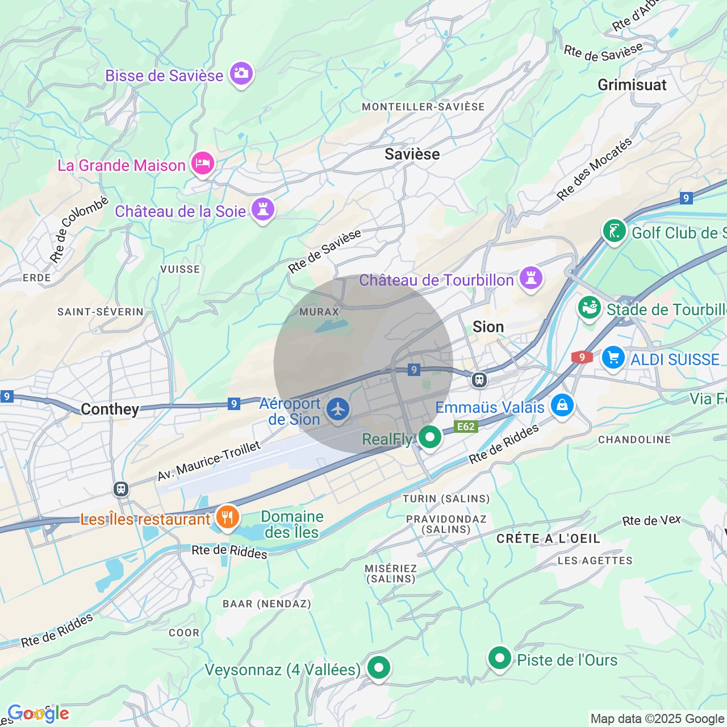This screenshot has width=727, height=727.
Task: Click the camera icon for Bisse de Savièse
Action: [241, 73]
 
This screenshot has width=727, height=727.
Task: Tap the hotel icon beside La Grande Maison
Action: [202, 164]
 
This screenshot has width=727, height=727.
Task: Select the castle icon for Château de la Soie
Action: [262, 209]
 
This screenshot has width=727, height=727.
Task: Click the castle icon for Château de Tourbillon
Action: [531, 278]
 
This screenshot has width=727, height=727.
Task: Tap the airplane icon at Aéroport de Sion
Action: [338, 409]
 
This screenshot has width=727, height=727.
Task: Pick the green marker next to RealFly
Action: [430, 437]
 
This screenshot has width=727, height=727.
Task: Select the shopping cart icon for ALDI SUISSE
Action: [613, 358]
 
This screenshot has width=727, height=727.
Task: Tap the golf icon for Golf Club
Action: [614, 231]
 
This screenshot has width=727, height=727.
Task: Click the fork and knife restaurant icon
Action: [227, 517]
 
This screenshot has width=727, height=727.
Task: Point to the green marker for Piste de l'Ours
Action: [500, 658]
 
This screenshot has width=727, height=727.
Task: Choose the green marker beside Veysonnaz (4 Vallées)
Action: [378, 667]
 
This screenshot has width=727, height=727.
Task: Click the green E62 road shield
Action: [466, 427]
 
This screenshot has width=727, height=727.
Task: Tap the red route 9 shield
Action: [582, 357]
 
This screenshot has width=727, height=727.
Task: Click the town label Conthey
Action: [110, 409]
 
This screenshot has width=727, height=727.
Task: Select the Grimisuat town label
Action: [632, 85]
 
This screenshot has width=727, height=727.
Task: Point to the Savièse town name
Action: [412, 154]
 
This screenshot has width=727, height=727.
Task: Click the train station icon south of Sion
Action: [479, 379]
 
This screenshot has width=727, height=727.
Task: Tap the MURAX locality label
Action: [319, 312]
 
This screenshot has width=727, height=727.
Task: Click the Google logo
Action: [39, 713]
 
